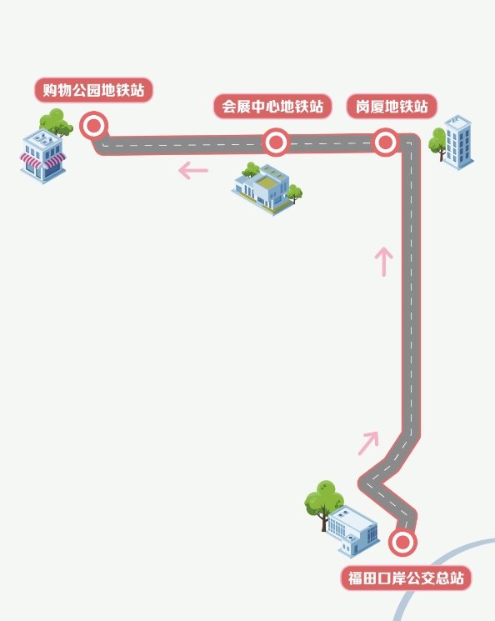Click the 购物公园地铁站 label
coord(93,90)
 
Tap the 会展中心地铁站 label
coord(272,107)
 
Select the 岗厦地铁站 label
coord(392,107)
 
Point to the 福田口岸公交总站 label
coord(406,578)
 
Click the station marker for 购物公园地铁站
coord(94,126)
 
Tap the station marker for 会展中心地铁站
coord(276,142)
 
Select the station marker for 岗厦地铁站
coord(385,142)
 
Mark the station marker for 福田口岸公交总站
coord(402,542)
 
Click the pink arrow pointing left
coord(193,171)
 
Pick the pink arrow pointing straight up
coord(383,262)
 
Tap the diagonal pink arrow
coord(368,443)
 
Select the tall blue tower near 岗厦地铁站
coord(458,143)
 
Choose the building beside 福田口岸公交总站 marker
coord(352,531)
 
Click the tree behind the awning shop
coord(56,122)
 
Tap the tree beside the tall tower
coord(437,143)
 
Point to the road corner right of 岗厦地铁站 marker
coord(411,143)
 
